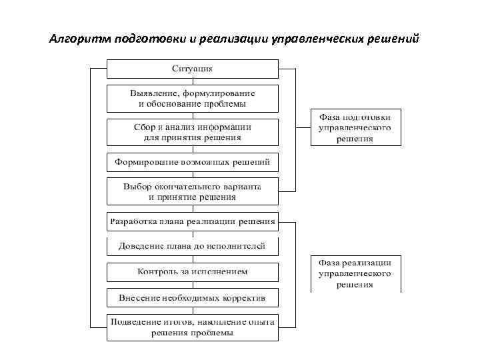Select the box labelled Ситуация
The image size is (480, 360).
pos(193,69)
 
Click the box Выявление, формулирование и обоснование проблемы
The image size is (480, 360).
pos(193,98)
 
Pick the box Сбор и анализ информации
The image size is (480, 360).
pos(193,132)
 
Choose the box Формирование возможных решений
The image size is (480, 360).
pos(193,162)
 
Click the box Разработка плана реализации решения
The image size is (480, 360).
pos(193,221)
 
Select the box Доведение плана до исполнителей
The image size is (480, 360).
pos(193,247)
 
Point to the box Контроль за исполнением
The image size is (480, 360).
pos(193,272)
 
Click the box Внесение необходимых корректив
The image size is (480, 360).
pos(193,297)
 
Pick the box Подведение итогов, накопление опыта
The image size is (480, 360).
pos(193,327)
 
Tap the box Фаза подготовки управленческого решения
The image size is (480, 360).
pos(355,127)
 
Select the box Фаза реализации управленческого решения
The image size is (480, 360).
pos(355,273)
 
